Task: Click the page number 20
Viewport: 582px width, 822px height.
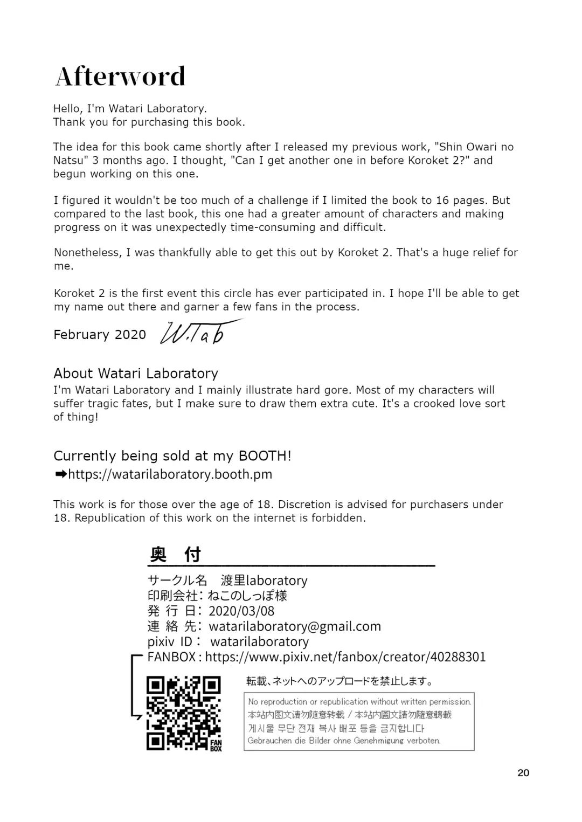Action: pyautogui.click(x=523, y=772)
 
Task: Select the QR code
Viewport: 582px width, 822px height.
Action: pyautogui.click(x=184, y=713)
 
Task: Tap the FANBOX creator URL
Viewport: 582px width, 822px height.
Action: pyautogui.click(x=345, y=657)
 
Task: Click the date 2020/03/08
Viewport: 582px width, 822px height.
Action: pyautogui.click(x=241, y=611)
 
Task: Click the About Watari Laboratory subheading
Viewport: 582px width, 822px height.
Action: pyautogui.click(x=136, y=374)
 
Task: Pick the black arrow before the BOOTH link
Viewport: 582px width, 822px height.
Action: pyautogui.click(x=60, y=474)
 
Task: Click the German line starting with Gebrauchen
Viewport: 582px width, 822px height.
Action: pyautogui.click(x=344, y=741)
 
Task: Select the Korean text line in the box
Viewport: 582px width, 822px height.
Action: pyautogui.click(x=336, y=728)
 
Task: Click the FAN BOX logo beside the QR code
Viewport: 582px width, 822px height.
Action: pyautogui.click(x=216, y=745)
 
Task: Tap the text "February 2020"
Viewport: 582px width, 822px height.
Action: pyautogui.click(x=100, y=335)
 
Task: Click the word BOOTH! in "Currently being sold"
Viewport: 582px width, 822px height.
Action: pyautogui.click(x=265, y=456)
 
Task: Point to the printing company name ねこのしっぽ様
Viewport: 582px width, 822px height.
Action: pyautogui.click(x=247, y=596)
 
